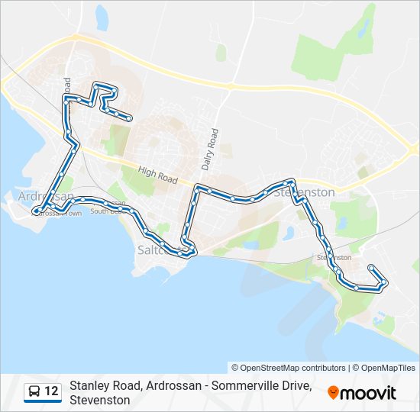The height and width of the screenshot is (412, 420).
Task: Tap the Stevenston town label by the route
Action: click(x=305, y=192)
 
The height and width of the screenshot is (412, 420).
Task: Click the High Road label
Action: click(x=158, y=176)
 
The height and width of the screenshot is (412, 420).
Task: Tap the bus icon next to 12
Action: click(x=34, y=392)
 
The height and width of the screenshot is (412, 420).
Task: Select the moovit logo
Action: click(x=362, y=393)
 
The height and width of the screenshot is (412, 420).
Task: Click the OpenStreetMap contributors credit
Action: click(x=288, y=368)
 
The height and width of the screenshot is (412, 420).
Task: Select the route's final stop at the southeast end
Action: click(x=370, y=267)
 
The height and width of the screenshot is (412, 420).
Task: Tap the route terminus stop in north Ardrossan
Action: click(x=131, y=118)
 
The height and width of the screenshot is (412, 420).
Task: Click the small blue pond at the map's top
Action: click(x=102, y=16)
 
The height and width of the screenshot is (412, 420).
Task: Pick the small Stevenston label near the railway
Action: click(x=334, y=258)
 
